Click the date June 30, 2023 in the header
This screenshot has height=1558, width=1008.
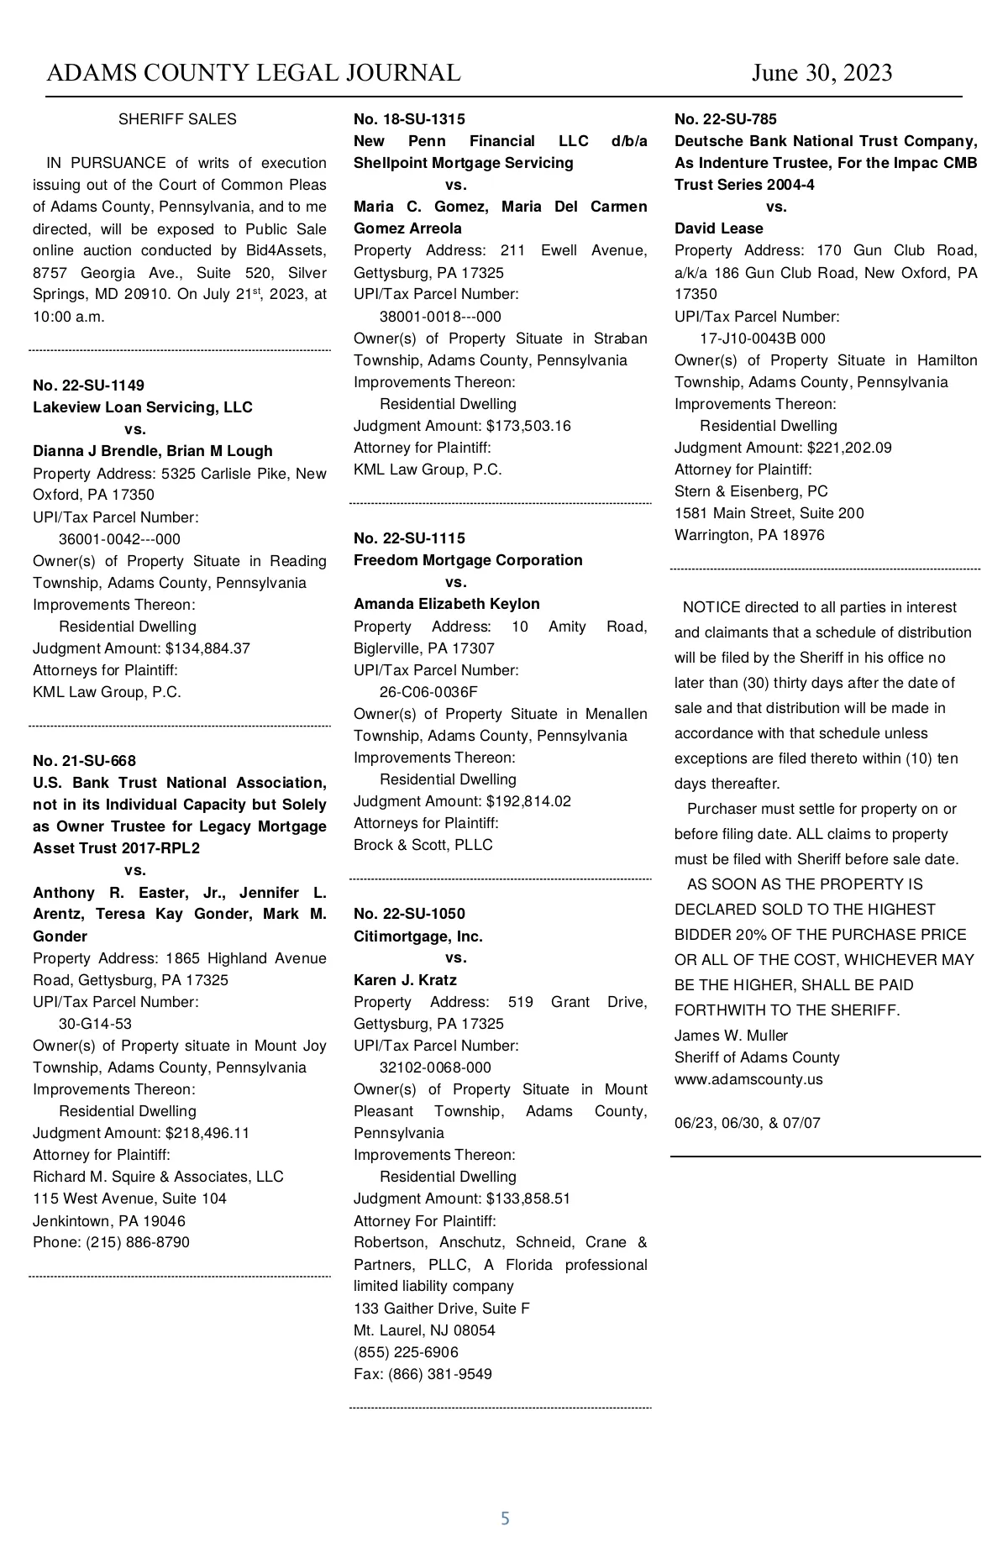[x=822, y=73]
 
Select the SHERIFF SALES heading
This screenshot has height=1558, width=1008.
[x=177, y=119]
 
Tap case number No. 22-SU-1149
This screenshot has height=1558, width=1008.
[x=88, y=386]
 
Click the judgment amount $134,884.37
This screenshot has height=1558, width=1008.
[x=207, y=648]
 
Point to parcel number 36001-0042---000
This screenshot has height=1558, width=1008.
[x=119, y=539]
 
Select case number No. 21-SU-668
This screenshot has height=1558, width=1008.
[x=84, y=761]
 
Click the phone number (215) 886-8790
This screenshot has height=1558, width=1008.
[x=138, y=1242]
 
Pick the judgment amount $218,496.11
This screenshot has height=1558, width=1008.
[x=207, y=1133]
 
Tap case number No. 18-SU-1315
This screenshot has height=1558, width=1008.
[x=409, y=119]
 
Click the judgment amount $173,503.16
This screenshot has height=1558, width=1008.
[x=528, y=426]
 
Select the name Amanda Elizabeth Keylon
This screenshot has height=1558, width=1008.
[x=446, y=604]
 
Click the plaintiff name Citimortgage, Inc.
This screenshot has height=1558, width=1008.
[x=417, y=936]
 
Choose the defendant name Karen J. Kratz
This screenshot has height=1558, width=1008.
[x=405, y=980]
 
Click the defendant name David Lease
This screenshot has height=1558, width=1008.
[x=718, y=228]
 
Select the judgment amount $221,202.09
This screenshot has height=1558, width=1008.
[x=849, y=448]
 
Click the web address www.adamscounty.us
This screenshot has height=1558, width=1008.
[x=748, y=1079]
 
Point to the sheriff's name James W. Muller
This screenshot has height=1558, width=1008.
[x=731, y=1036]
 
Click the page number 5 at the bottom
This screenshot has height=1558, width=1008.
[x=505, y=1519]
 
